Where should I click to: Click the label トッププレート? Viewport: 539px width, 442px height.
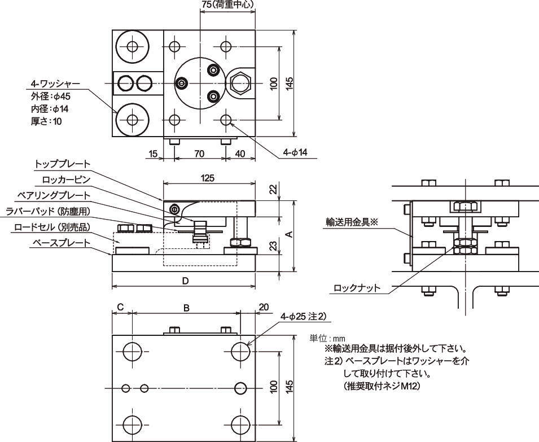click(62, 164)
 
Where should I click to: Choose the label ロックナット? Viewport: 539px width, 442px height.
click(357, 288)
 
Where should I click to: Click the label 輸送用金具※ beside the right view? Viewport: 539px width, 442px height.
click(350, 222)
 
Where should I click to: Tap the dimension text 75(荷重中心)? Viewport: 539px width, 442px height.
click(227, 5)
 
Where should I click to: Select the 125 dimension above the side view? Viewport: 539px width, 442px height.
click(207, 178)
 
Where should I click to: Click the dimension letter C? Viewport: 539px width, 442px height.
click(120, 308)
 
